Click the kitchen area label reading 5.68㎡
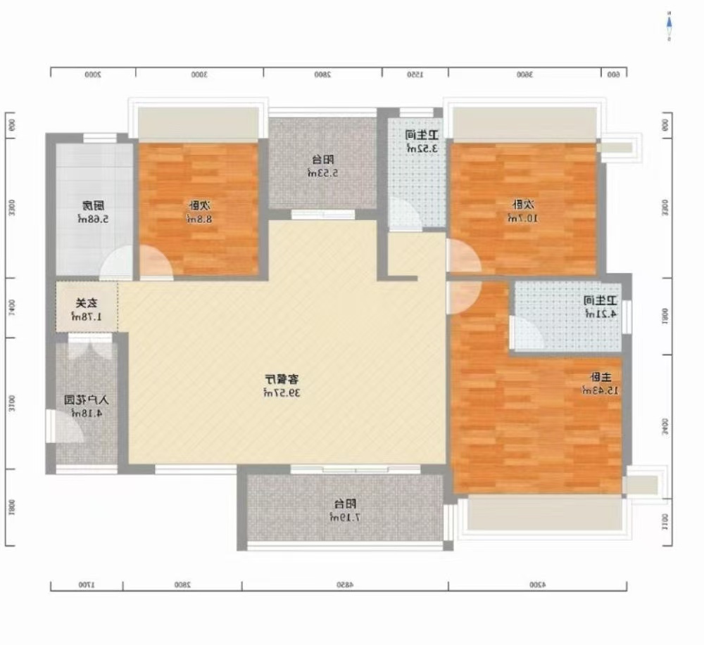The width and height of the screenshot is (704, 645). (92, 212)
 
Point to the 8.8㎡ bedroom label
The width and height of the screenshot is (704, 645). (199, 212)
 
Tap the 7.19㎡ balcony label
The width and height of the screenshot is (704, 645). (345, 511)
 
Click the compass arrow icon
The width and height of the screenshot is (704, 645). (669, 26)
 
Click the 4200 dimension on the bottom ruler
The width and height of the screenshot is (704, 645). (536, 585)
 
